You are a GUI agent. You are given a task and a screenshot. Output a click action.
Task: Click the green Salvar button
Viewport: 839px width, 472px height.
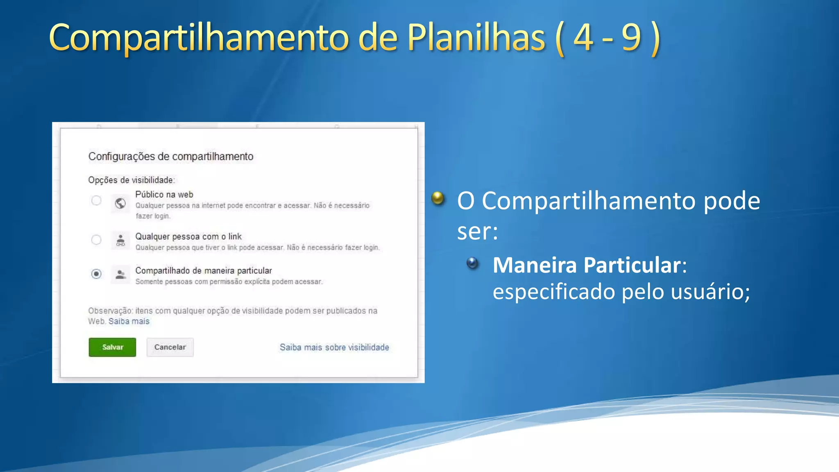[112, 347]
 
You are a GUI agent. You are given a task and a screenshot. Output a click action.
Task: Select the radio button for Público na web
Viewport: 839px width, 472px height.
[96, 200]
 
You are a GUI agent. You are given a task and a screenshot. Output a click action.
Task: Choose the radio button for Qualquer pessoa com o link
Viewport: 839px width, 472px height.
[96, 240]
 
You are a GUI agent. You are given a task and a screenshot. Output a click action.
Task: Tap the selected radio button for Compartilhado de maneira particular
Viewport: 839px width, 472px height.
[96, 274]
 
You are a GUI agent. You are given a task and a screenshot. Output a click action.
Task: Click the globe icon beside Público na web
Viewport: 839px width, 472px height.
[120, 203]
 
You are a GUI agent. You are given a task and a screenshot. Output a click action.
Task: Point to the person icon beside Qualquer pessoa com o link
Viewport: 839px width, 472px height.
[120, 240]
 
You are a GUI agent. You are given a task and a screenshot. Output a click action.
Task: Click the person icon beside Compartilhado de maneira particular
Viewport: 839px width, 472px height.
[120, 275]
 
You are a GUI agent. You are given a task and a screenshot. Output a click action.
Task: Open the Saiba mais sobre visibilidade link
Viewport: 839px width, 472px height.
[334, 347]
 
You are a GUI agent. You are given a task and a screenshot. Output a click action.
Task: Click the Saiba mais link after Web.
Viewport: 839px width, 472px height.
[129, 321]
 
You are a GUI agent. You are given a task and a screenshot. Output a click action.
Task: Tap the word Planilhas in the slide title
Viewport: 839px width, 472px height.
[476, 38]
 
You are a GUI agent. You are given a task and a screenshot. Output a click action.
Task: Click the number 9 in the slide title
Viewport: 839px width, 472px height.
[631, 38]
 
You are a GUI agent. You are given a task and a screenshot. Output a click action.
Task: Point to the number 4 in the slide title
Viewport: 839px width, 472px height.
[583, 38]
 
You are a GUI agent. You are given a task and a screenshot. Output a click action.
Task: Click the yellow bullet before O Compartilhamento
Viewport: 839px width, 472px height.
[438, 198]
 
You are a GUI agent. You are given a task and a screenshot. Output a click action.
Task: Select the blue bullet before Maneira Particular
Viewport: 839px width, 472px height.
[472, 263]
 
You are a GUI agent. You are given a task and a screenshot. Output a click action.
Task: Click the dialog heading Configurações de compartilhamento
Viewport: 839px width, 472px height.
[171, 157]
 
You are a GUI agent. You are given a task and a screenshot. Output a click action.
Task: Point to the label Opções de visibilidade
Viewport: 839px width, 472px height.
[132, 180]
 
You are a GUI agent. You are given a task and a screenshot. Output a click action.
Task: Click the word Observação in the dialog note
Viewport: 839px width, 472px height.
[110, 311]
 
